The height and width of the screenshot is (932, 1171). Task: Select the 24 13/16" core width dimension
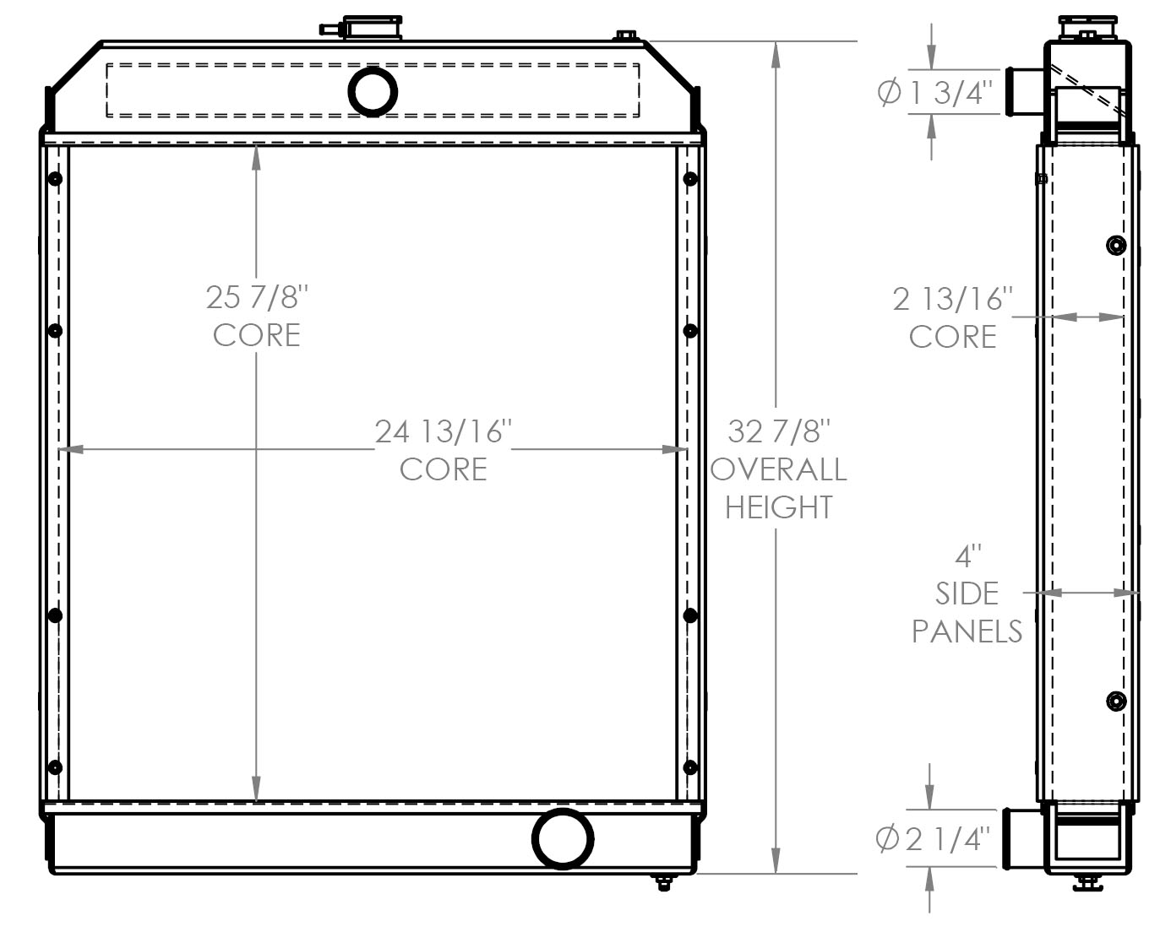[x=444, y=431]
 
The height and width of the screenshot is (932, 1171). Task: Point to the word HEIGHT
[x=779, y=507]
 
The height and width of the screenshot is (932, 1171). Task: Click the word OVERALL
[x=779, y=469]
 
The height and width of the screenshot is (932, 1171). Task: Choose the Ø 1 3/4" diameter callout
[x=933, y=92]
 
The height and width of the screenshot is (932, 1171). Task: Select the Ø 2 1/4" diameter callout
[x=933, y=838]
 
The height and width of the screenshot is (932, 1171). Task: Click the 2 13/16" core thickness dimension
[x=952, y=299]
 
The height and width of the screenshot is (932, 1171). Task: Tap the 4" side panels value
[x=967, y=556]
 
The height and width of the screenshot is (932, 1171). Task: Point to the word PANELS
[x=967, y=631]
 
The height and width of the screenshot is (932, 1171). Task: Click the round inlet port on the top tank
[x=373, y=91]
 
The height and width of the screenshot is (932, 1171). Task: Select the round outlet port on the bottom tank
[x=562, y=838]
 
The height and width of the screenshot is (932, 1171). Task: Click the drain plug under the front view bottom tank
[x=664, y=883]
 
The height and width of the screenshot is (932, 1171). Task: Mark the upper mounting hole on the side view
[x=1116, y=246]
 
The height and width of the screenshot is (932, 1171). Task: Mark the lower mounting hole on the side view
[x=1116, y=702]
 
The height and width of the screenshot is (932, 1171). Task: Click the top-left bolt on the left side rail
[x=56, y=179]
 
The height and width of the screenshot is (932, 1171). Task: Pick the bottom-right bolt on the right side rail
[x=689, y=767]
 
